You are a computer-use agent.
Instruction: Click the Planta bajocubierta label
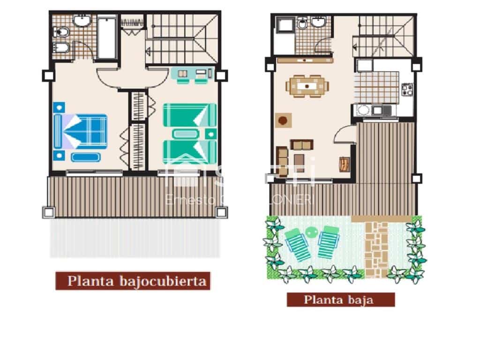click(x=133, y=281)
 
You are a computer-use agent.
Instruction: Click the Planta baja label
click(x=340, y=300)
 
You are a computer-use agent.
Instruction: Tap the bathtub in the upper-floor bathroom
click(x=107, y=37)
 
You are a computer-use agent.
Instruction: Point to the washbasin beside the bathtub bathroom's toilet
click(x=83, y=21)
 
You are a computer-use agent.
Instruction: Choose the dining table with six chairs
click(x=307, y=86)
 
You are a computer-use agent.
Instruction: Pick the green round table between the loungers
click(x=311, y=231)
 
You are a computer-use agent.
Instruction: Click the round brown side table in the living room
click(x=283, y=120)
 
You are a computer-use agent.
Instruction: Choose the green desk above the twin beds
click(x=192, y=74)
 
